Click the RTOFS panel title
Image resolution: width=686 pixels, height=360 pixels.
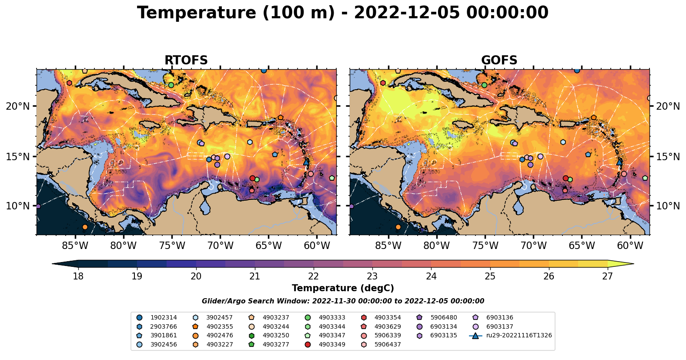(186, 61)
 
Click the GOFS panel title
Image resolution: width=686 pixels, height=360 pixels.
(499, 61)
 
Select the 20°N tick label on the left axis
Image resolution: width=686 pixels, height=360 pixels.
(18, 106)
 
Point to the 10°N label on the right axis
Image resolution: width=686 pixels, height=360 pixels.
(668, 206)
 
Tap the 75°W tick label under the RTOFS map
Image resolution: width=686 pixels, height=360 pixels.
(172, 246)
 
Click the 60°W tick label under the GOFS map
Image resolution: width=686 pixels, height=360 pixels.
(630, 246)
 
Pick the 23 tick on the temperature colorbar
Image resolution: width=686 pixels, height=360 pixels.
(372, 276)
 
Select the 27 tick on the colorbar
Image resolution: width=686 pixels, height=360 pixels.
(607, 276)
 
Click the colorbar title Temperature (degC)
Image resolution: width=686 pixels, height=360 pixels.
(343, 288)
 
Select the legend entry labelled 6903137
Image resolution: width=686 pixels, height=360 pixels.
(499, 326)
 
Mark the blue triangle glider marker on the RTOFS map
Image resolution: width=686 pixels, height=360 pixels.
(306, 161)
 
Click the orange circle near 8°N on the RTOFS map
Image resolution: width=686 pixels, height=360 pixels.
(85, 227)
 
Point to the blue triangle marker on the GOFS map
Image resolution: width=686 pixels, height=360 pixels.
(619, 161)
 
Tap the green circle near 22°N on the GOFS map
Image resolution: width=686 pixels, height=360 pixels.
(484, 85)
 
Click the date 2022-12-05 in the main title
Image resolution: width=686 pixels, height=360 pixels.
(407, 13)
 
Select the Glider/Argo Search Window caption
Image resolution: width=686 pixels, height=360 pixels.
(343, 301)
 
